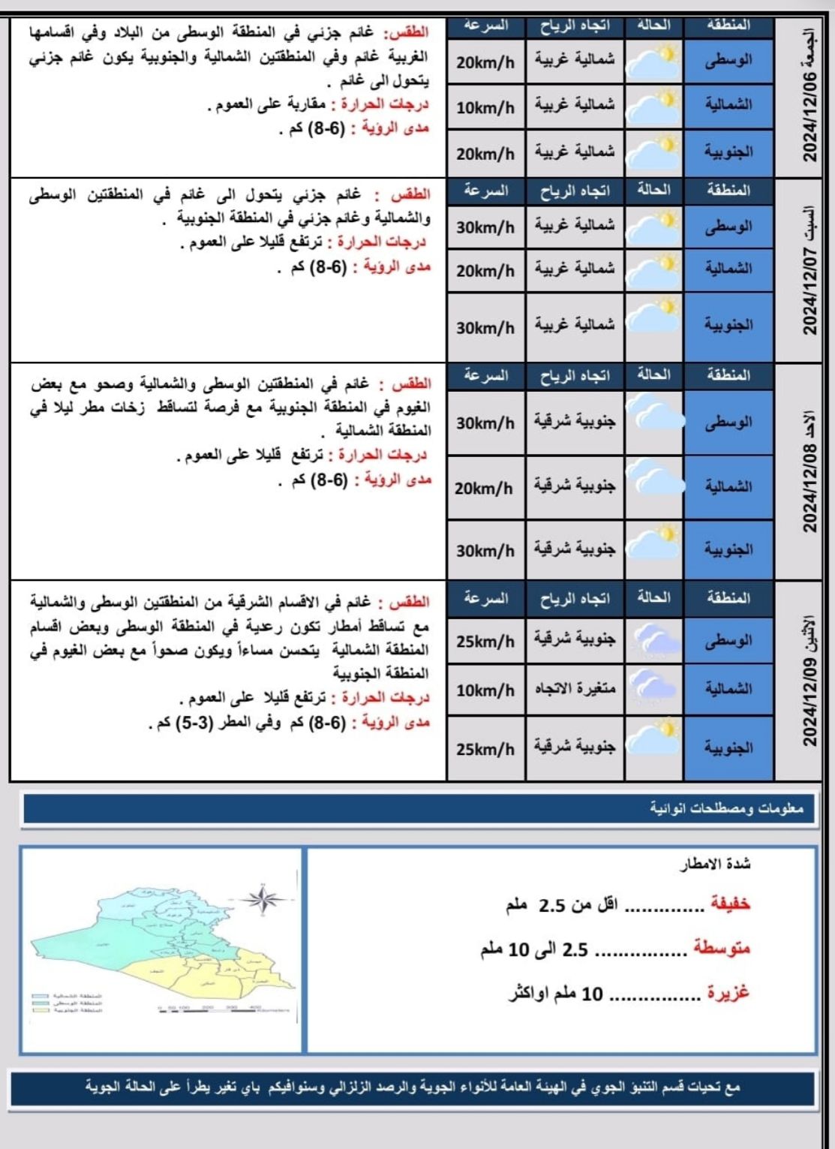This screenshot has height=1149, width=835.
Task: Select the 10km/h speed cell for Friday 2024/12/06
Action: coord(485,107)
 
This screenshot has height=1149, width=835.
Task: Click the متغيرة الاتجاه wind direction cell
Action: coord(575,688)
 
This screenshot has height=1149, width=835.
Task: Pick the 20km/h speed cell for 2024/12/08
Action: coord(485,488)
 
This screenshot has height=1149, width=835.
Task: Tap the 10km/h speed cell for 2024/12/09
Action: coord(485,690)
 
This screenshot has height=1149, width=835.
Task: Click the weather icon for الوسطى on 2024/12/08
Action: coord(653,422)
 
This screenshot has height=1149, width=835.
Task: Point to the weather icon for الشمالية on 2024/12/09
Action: coord(653,688)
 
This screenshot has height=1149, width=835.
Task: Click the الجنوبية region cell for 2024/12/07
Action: coord(728,325)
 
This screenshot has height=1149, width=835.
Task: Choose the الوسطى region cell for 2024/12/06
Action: coord(728,60)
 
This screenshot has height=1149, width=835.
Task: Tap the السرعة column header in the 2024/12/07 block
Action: coord(485,191)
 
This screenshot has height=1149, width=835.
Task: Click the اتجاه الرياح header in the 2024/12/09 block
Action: coord(575,599)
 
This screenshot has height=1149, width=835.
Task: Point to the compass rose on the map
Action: coord(262,898)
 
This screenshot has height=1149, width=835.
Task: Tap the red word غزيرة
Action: coord(728,993)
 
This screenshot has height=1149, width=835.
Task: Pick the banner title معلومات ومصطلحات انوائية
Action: coord(726,808)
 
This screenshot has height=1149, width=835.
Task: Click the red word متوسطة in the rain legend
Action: coord(721,949)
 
